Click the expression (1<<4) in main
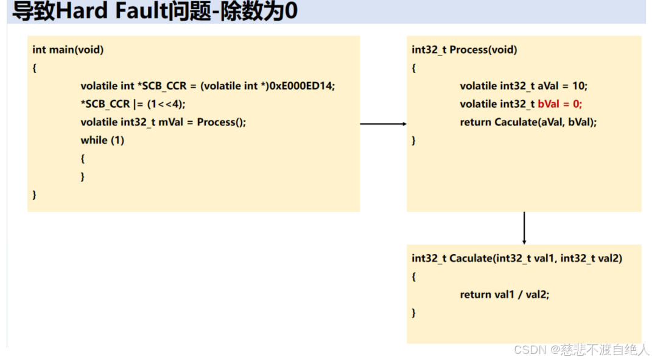[166, 104]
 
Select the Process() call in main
[221, 122]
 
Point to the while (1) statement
[102, 140]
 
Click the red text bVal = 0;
[560, 104]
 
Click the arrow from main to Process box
[383, 124]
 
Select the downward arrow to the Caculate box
[524, 228]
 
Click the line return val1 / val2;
[505, 294]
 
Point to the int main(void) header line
[68, 50]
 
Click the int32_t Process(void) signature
[464, 50]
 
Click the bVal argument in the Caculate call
[581, 122]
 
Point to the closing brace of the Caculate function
[414, 312]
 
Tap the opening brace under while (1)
[83, 158]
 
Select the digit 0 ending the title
[291, 12]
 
